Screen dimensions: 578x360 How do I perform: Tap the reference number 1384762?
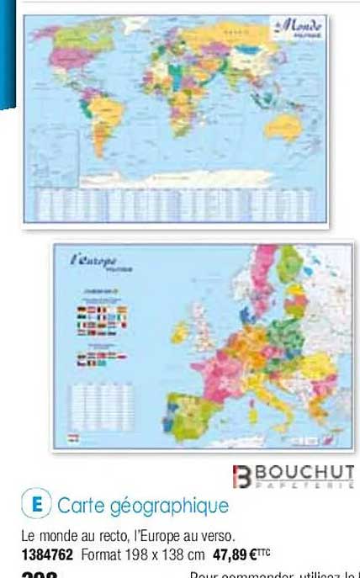point(47,554)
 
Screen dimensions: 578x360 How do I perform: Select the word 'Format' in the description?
point(101,554)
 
